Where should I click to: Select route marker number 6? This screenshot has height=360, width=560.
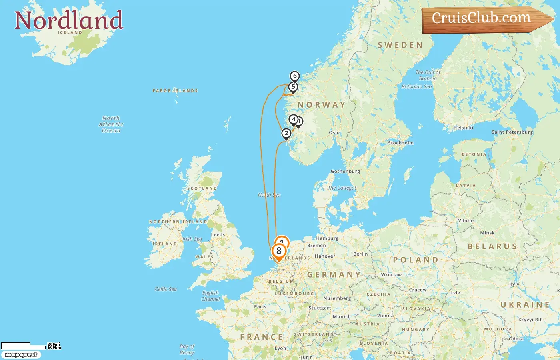click(x=295, y=76)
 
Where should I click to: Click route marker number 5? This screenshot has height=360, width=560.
click(x=293, y=87)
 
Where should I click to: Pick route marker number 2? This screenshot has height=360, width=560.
click(x=286, y=133)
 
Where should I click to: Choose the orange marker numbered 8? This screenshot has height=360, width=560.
click(x=279, y=251)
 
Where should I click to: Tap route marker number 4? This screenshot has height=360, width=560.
click(x=294, y=119)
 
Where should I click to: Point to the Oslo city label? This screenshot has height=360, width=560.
click(x=334, y=132)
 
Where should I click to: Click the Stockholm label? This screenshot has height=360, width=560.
click(x=401, y=143)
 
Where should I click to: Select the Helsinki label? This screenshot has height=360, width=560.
click(x=463, y=128)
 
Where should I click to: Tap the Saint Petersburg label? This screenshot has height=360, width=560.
click(x=512, y=132)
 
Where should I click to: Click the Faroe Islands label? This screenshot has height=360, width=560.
click(x=175, y=91)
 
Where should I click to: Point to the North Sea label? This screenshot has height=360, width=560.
click(x=269, y=195)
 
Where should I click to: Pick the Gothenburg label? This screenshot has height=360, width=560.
click(x=345, y=171)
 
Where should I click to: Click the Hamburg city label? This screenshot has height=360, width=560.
click(x=327, y=238)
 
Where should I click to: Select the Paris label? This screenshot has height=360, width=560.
click(x=260, y=306)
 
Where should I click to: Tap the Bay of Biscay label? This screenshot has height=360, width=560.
click(x=187, y=349)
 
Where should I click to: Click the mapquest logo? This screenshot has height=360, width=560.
click(x=21, y=355)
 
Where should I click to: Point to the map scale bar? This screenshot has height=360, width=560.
click(x=23, y=346)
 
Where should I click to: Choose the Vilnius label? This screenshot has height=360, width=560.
click(x=466, y=220)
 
